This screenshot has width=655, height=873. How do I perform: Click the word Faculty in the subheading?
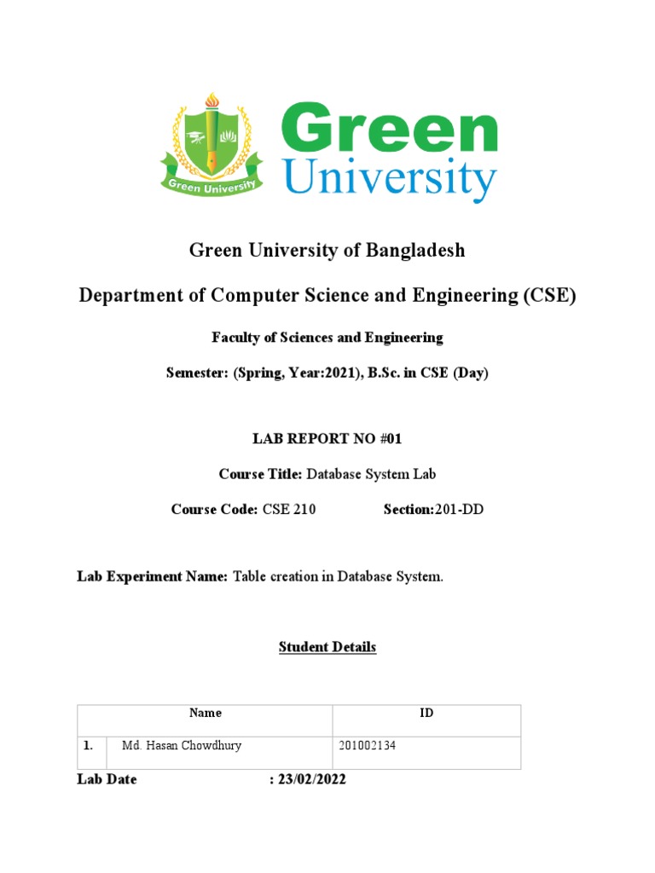[234, 338]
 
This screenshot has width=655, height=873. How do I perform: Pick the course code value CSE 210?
[288, 509]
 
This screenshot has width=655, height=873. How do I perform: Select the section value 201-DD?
[460, 509]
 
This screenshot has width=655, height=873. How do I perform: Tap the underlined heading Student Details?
[327, 647]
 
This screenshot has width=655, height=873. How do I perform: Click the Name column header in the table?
[206, 713]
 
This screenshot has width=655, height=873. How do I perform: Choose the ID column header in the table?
[426, 713]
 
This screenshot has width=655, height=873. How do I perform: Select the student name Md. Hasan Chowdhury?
[182, 745]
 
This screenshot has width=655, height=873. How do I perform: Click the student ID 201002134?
[368, 746]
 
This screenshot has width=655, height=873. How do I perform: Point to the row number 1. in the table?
[88, 745]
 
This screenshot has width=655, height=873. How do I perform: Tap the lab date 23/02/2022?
[312, 780]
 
